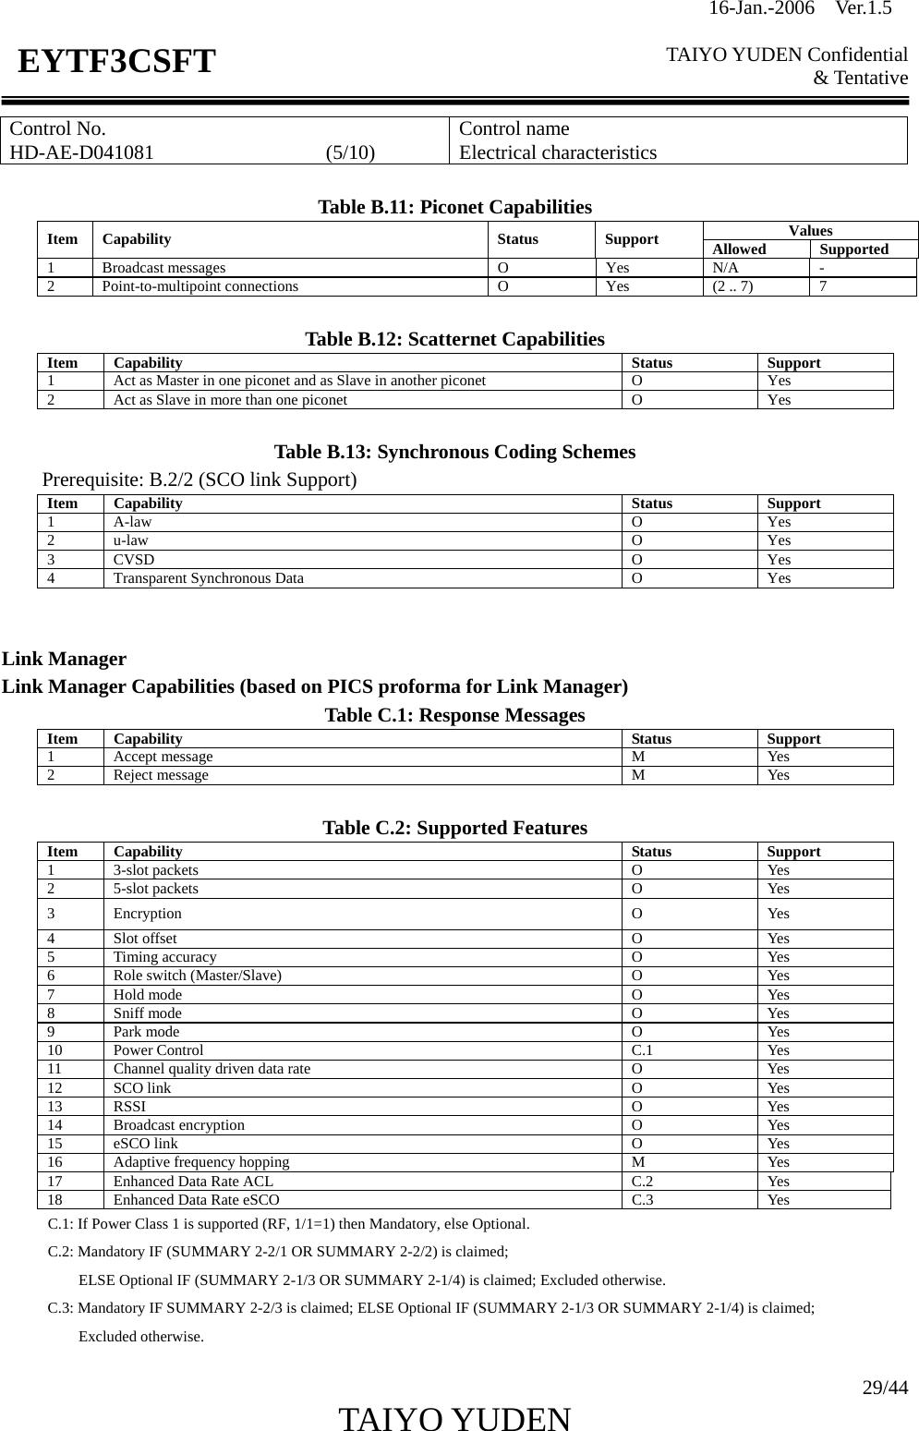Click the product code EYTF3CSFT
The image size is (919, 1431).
click(x=117, y=62)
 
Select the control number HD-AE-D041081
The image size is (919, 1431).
click(x=82, y=152)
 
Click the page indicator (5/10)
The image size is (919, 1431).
click(x=350, y=152)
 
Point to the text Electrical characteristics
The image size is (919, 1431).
click(x=558, y=152)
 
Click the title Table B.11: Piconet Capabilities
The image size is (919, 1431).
click(x=454, y=206)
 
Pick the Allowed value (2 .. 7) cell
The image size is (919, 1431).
click(x=732, y=286)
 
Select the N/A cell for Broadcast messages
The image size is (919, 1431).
click(x=725, y=268)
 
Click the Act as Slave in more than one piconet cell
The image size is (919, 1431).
click(x=230, y=400)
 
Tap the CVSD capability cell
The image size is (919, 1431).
click(x=134, y=560)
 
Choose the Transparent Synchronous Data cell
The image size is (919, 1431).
click(x=208, y=578)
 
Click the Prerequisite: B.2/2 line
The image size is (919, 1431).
click(x=200, y=479)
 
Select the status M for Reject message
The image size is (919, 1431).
click(x=638, y=775)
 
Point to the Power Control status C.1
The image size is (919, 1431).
click(x=642, y=1050)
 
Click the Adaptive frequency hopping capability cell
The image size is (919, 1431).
click(x=200, y=1162)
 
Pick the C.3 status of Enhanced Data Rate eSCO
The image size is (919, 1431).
click(x=642, y=1200)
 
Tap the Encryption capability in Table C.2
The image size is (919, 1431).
click(x=147, y=914)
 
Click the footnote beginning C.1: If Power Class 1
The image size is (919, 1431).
click(x=288, y=1224)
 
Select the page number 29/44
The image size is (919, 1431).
click(x=885, y=1388)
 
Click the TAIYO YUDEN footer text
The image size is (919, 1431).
click(x=454, y=1419)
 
